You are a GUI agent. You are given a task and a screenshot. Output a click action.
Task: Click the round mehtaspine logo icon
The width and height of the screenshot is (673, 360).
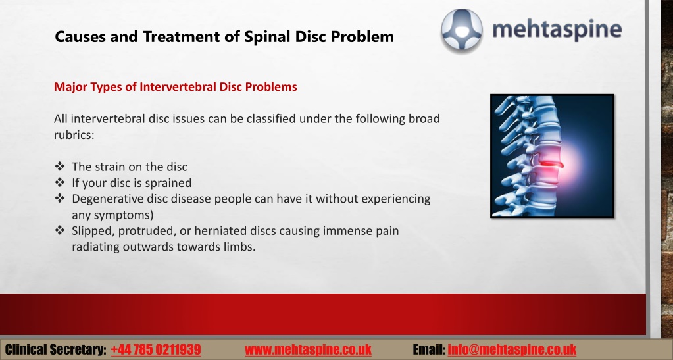(x=462, y=31)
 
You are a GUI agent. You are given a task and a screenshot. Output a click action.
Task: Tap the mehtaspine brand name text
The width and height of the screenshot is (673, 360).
(x=557, y=30)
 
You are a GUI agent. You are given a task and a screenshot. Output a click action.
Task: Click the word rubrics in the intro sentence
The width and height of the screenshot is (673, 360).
(x=74, y=134)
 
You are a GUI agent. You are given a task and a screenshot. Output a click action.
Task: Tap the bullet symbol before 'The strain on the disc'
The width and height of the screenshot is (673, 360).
(x=60, y=166)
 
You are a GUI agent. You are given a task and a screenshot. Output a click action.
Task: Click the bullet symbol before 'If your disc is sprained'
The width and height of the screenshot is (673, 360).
(x=60, y=182)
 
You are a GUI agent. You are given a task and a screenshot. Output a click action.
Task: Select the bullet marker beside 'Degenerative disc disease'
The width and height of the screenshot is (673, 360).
(x=60, y=198)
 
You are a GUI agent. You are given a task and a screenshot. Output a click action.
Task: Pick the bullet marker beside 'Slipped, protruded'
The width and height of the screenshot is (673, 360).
(x=60, y=230)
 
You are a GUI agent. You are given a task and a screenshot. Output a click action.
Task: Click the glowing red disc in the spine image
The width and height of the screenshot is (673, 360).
(x=551, y=164)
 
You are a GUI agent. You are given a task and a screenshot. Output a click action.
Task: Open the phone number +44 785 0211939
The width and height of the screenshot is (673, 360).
(x=156, y=349)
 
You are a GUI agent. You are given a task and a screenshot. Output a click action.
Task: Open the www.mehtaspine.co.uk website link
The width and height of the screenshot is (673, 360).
(x=308, y=349)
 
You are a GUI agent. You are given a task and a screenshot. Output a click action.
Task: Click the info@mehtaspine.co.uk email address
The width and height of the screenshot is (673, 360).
(x=512, y=349)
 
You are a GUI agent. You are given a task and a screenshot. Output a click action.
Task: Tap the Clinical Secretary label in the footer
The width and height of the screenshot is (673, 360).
(x=56, y=349)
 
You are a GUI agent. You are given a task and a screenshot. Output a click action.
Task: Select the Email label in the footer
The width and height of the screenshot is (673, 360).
(x=429, y=349)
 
